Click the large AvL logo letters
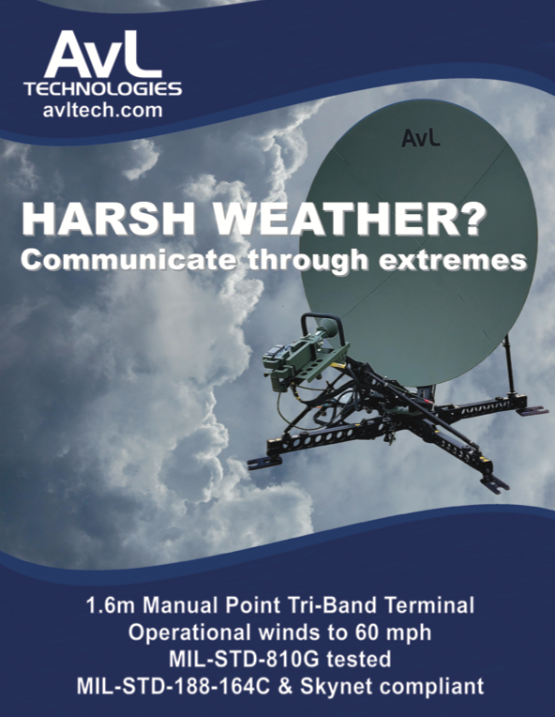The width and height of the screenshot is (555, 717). [x=103, y=53]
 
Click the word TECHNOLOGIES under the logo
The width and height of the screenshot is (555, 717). [x=103, y=89]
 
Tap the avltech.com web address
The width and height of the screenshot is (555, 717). [x=103, y=111]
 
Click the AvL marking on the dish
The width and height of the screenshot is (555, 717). [x=421, y=138]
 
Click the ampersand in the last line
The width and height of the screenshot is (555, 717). [x=285, y=687]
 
